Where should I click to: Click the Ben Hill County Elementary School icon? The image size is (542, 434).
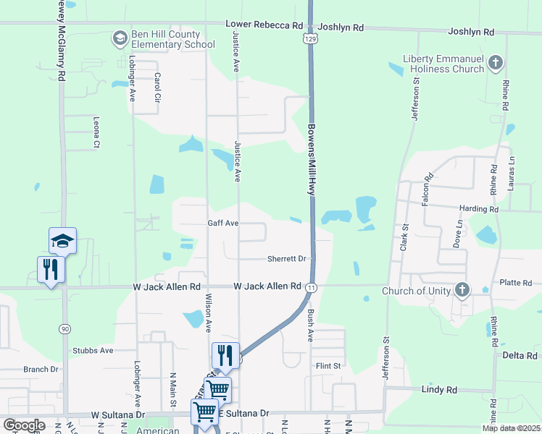point(120,37)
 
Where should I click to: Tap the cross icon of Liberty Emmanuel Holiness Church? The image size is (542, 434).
point(496,62)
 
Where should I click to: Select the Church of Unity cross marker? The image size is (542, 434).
point(462,292)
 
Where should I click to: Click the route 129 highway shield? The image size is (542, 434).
point(309,36)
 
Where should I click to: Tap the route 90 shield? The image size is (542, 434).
point(64,329)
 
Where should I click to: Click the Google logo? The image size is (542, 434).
point(24,425)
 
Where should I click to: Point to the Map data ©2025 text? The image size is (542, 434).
point(511,428)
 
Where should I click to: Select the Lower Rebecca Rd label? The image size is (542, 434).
point(264,25)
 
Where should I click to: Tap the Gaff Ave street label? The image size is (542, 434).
point(223,224)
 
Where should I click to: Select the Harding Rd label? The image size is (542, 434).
point(480,209)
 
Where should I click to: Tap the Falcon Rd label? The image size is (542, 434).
point(428,187)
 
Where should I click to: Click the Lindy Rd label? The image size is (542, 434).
point(439,390)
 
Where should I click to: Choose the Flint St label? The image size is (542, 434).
point(328,366)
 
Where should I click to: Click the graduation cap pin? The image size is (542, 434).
point(62,240)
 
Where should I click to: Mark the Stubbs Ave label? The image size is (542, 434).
point(93,351)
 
